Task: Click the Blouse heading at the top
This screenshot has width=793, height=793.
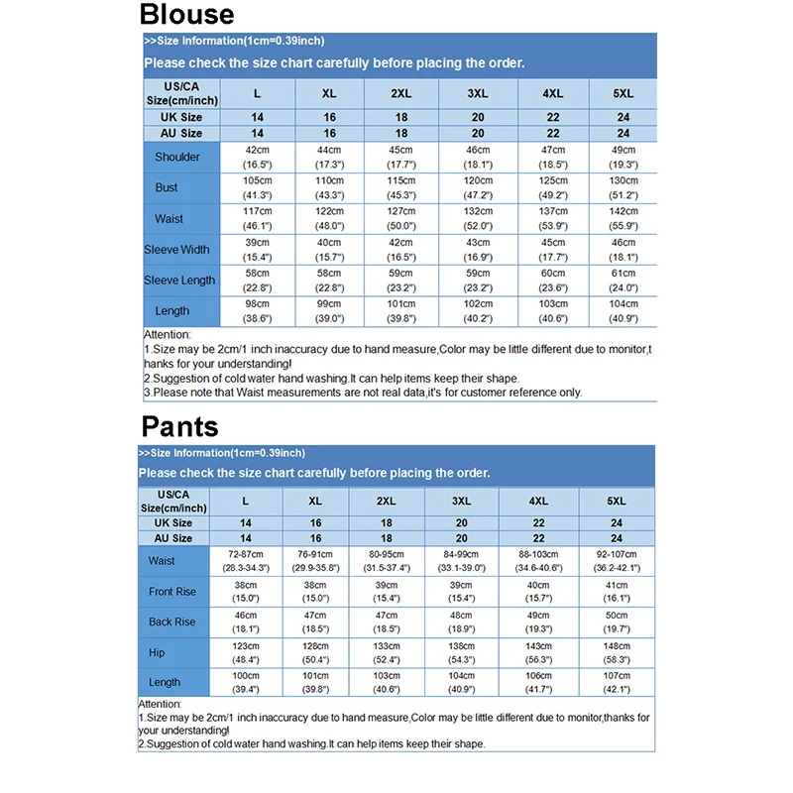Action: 186,15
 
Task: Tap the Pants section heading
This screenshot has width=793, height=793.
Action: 179,427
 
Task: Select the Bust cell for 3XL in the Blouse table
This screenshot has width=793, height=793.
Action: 478,187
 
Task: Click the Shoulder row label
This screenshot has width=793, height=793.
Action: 177,157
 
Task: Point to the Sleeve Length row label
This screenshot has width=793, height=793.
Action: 179,281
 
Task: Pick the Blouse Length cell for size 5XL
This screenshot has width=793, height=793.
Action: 623,311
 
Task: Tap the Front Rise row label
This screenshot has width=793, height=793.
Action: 172,592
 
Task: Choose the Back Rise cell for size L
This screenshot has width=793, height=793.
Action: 245,622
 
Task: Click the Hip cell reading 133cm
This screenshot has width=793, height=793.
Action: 387,652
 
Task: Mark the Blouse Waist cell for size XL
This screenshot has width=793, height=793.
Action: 329,218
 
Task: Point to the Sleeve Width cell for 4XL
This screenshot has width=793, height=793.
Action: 553,249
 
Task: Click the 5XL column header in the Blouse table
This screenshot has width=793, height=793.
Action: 623,94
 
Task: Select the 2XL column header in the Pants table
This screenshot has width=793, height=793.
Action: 387,502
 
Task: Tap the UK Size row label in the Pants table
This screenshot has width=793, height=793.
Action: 173,523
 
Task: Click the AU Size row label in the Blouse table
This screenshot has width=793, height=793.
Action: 181,133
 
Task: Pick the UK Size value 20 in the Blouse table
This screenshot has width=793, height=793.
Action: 478,117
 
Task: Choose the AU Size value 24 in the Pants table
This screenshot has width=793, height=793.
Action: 617,538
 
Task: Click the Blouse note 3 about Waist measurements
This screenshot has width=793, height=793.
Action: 363,392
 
